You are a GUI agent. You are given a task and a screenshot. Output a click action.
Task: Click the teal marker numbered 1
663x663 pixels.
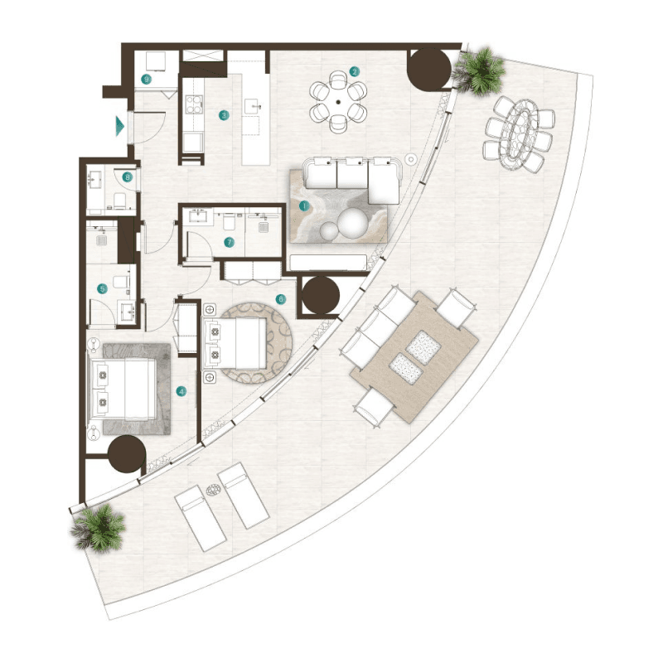click(x=304, y=205)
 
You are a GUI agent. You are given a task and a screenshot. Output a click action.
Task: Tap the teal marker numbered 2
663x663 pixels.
click(x=354, y=71)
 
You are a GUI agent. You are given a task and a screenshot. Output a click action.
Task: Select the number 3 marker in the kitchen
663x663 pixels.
click(x=224, y=115)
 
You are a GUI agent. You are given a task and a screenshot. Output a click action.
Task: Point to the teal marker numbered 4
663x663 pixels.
click(x=182, y=390)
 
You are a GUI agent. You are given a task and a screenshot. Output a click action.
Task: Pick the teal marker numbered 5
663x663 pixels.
click(x=103, y=289)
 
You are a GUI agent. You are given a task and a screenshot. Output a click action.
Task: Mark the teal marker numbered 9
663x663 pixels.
click(x=146, y=80)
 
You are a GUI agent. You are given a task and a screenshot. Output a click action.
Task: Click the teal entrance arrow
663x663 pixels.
click(x=121, y=126)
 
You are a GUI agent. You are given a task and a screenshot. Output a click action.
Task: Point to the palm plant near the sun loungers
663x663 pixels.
click(x=99, y=526)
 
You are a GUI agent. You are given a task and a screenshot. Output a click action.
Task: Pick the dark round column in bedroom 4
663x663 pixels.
click(x=127, y=456)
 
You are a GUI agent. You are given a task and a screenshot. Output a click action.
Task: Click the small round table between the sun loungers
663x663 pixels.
click(x=213, y=491)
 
